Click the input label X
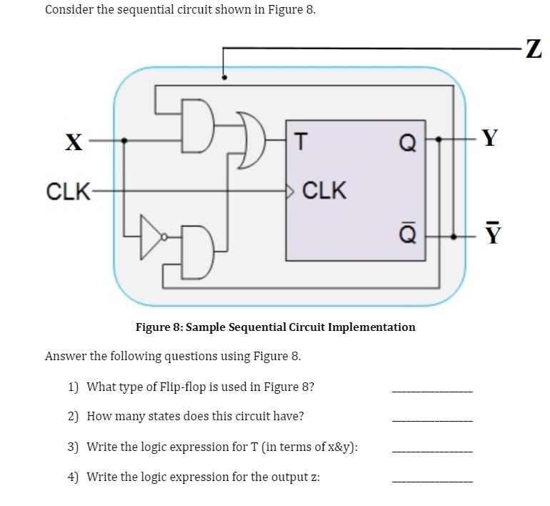[72, 141]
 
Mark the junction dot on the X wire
[125, 141]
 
